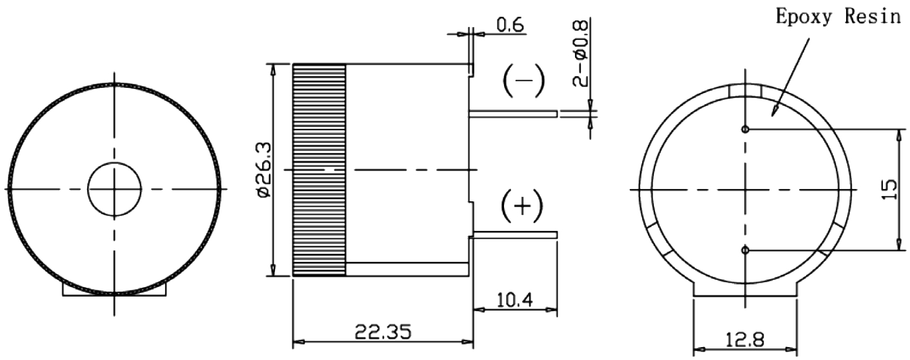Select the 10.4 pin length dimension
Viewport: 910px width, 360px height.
click(x=515, y=299)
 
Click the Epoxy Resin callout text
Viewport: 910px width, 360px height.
click(x=838, y=17)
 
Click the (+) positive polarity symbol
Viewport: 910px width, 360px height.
click(x=522, y=206)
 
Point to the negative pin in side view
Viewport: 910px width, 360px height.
click(x=513, y=114)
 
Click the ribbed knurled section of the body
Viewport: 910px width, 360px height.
click(x=319, y=170)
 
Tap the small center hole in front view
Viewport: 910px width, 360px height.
click(x=115, y=189)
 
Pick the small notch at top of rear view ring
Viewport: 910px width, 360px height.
click(x=745, y=92)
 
